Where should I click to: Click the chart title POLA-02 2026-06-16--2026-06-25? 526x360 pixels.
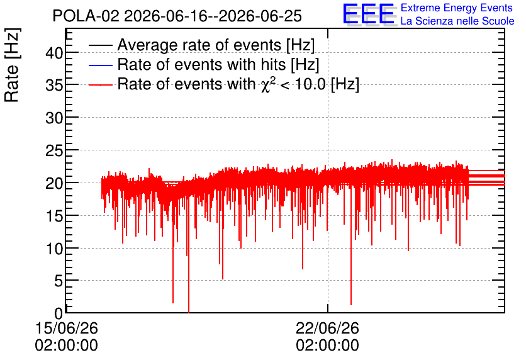177,16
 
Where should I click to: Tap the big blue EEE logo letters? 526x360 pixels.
368,14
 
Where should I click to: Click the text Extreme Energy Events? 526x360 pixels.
457,8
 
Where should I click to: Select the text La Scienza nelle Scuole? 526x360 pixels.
457,21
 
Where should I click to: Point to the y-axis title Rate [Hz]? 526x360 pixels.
12,65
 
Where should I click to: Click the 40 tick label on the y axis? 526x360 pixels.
54,53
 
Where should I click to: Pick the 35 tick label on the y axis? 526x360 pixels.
54,85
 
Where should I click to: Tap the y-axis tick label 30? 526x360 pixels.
54,118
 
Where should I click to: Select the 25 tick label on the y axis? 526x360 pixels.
54,150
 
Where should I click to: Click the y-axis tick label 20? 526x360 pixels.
54,183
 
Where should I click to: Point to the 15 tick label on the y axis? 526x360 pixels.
54,216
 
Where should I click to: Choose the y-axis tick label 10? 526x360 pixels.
54,249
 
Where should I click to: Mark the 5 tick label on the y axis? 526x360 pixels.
59,281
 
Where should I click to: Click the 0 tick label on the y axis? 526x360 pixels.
59,313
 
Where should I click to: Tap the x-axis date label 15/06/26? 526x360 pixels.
67,328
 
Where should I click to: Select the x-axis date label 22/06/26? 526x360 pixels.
327,328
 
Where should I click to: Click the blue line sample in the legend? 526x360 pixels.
100,65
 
